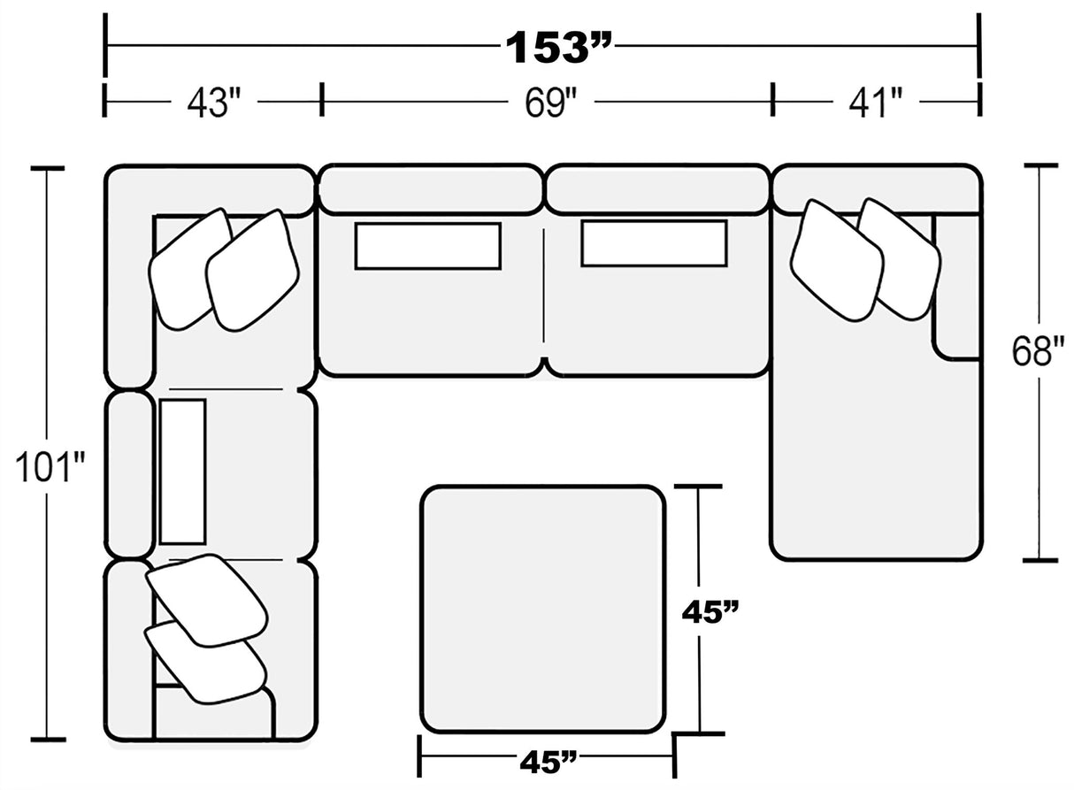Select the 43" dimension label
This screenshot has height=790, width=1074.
pos(212,102)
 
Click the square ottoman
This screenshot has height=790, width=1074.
pos(542,609)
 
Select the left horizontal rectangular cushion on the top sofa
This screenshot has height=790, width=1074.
pos(427,245)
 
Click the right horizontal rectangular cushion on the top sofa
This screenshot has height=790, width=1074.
pos(654,243)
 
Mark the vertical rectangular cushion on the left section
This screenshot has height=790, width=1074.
pos(183,471)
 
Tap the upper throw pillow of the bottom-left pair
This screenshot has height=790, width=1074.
pos(206,598)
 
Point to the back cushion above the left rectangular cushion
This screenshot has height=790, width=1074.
pos(429,188)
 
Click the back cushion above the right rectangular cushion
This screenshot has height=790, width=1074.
pos(656,188)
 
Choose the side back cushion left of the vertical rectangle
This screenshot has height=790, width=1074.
pos(129,473)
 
